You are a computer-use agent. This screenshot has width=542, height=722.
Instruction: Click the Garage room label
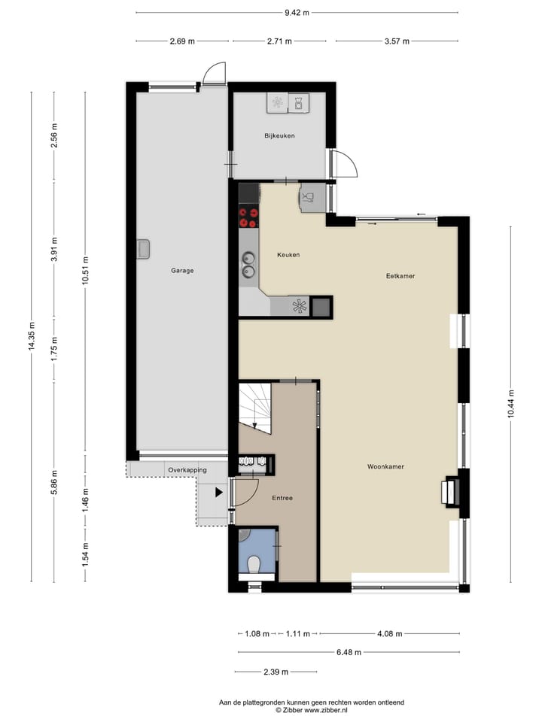(182, 270)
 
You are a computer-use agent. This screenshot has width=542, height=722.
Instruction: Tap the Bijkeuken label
(279, 136)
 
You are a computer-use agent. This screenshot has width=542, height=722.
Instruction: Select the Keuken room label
(288, 255)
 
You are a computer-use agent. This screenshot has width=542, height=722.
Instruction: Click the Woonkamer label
(385, 466)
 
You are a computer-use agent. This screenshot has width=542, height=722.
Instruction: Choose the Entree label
(282, 498)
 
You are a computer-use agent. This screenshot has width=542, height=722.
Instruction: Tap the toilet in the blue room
(254, 563)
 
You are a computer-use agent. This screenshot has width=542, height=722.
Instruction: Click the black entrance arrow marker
(219, 493)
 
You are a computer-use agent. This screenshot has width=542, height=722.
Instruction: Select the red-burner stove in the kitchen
(248, 217)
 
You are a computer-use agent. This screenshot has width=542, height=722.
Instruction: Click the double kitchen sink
(248, 265)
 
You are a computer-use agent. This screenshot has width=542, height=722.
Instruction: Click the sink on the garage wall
(143, 249)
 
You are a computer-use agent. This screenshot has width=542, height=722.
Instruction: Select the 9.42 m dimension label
(297, 12)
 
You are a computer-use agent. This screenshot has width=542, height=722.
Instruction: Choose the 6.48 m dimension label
(348, 652)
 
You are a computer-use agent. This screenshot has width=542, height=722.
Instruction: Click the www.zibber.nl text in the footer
(333, 709)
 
